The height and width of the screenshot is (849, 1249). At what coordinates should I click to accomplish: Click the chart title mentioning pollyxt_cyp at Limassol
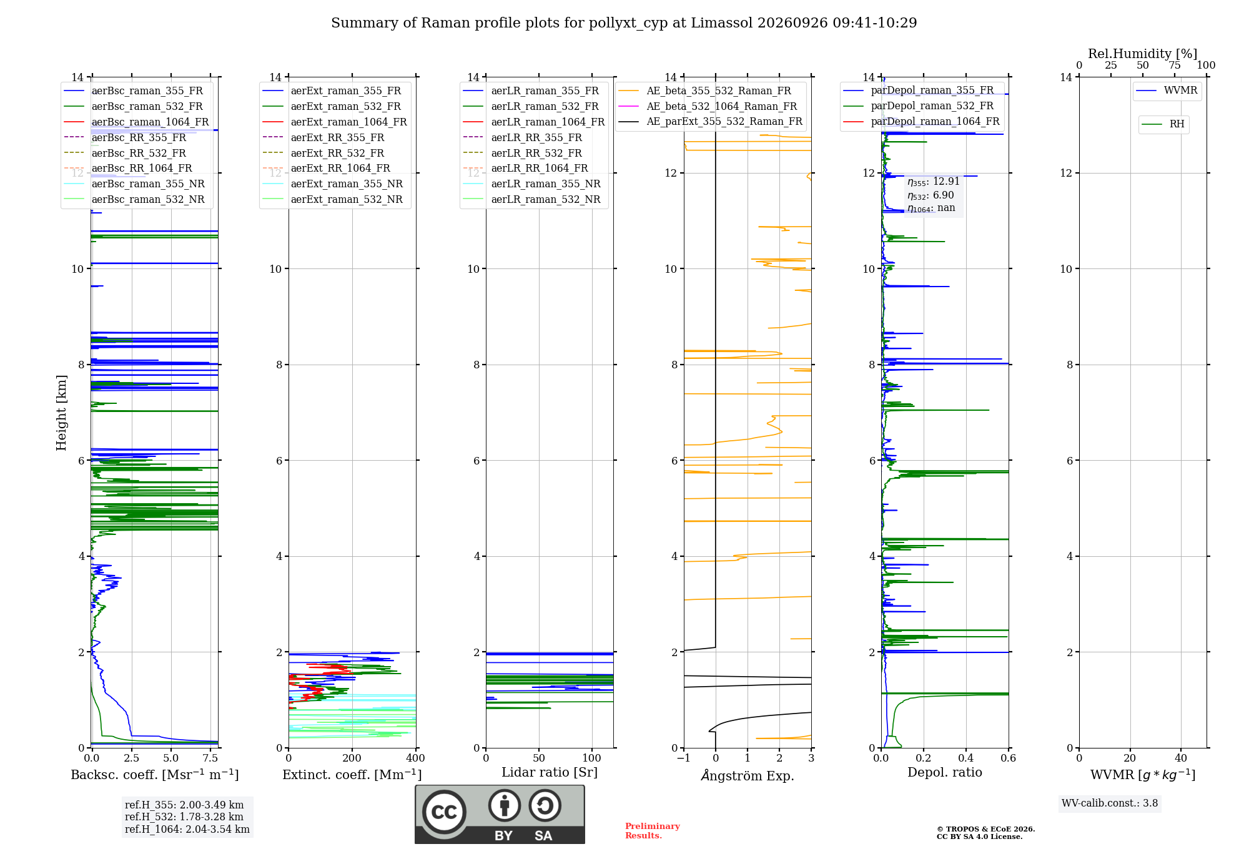(624, 23)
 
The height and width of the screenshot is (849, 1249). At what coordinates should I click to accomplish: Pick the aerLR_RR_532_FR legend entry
(523, 153)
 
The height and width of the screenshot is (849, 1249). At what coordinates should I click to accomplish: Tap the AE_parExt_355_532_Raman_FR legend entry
(711, 121)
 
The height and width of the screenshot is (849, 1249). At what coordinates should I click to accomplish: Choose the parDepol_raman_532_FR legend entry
(918, 106)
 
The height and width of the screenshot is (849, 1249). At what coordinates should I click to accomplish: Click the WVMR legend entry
(1167, 91)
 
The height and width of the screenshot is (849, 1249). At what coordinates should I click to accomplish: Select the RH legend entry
(1163, 124)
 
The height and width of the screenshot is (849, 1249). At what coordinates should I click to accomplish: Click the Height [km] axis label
(61, 413)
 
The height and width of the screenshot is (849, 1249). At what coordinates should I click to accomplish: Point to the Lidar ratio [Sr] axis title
(550, 772)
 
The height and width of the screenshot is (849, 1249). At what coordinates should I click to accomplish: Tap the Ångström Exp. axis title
(748, 775)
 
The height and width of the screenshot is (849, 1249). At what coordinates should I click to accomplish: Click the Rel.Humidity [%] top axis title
(1143, 54)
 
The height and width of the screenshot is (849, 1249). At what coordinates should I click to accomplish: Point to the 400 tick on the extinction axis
(415, 758)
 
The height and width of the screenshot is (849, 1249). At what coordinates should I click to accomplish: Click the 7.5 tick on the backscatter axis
(210, 758)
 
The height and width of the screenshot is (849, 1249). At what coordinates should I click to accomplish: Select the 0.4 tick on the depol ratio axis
(966, 758)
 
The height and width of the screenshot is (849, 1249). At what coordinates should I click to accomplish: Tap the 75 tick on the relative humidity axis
(1174, 65)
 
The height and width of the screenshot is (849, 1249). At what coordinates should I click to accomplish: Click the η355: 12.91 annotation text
(934, 182)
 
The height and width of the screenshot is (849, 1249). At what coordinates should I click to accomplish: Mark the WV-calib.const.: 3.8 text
(1110, 803)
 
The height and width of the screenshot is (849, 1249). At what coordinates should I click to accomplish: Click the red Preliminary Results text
(653, 831)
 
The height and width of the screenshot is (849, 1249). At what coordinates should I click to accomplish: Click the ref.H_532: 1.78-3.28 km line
(184, 817)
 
